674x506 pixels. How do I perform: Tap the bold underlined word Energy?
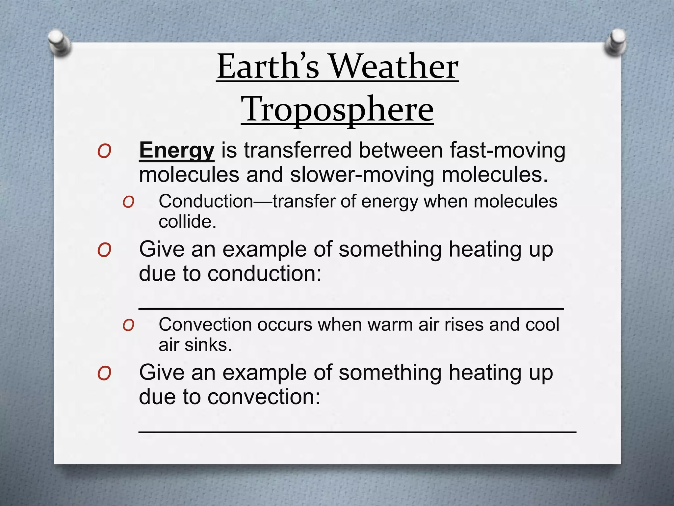177,151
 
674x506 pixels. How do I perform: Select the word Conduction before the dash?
206,201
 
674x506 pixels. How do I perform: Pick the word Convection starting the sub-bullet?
205,325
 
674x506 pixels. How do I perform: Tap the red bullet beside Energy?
104,152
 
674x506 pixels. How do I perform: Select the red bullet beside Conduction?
128,202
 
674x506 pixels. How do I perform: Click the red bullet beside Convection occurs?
128,325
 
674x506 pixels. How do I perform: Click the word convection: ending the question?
264,397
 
